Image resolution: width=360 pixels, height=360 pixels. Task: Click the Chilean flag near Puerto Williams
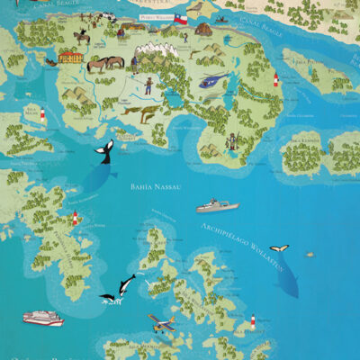[181, 17]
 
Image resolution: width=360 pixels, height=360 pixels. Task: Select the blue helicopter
[209, 81]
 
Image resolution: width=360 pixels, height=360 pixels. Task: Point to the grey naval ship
[217, 206]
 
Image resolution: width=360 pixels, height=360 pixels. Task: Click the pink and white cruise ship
[43, 318]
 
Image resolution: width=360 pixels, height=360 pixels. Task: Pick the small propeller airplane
[162, 324]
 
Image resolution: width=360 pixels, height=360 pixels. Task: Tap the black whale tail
[107, 150]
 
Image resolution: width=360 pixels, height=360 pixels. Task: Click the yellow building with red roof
[71, 57]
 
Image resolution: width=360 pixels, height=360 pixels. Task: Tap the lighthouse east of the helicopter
[275, 80]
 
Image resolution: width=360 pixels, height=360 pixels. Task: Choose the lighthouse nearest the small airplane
[253, 320]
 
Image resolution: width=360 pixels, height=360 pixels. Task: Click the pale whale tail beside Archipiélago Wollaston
[280, 248]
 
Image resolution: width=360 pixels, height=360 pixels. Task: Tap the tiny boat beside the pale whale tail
[310, 254]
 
